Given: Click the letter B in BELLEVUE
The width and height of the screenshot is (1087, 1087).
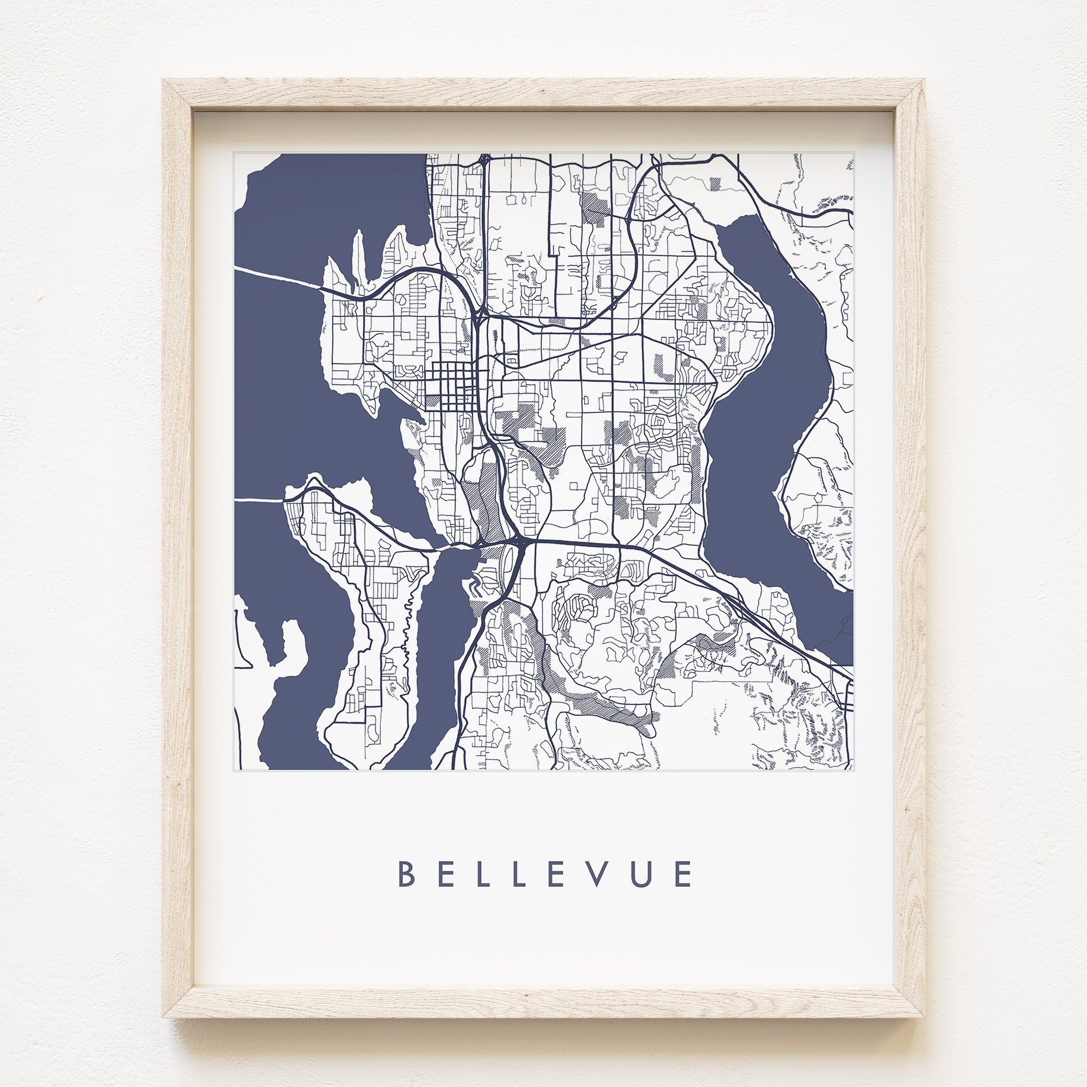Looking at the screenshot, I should pyautogui.click(x=406, y=874).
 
